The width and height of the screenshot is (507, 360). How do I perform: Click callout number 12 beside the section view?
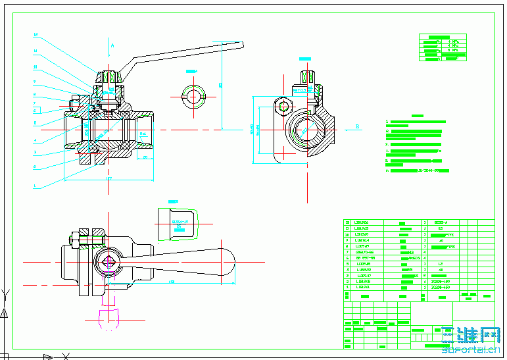pos(36,35)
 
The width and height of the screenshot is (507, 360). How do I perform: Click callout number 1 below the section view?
pos(36,186)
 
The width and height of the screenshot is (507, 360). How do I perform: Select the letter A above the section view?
pos(112,45)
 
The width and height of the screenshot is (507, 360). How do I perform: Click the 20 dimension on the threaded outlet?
pos(145,167)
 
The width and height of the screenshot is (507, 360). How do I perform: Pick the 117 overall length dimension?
pos(109,179)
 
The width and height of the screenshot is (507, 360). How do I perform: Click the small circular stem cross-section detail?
pos(193,96)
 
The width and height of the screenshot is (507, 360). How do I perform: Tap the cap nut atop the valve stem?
pos(109,78)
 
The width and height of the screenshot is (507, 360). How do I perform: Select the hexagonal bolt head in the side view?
pos(283,105)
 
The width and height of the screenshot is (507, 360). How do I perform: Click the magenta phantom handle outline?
pos(109,316)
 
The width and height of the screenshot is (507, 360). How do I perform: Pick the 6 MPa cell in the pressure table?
pos(452,49)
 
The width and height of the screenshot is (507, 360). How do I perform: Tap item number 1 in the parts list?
pos(348,288)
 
